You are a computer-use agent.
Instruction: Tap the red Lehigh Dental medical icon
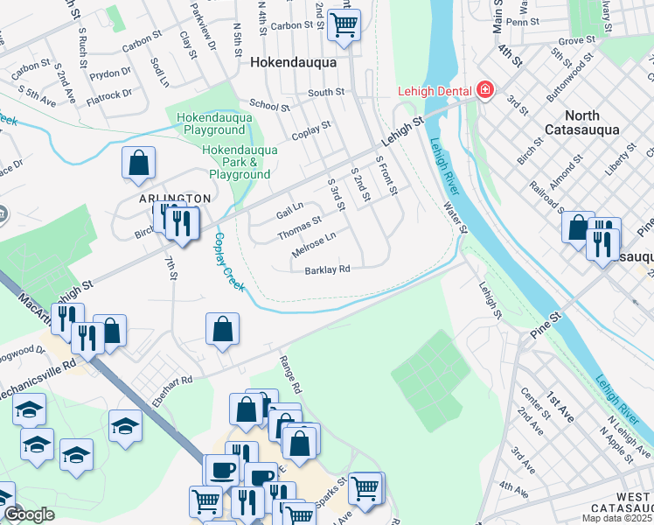click(x=484, y=90)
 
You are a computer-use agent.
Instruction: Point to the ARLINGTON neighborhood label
click(x=174, y=199)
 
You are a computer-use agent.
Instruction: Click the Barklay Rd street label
click(x=327, y=269)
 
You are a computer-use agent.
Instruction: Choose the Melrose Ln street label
click(x=313, y=243)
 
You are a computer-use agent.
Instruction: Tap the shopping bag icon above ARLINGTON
click(x=138, y=163)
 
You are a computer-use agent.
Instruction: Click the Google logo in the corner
click(x=28, y=514)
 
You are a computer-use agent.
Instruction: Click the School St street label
click(x=269, y=105)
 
